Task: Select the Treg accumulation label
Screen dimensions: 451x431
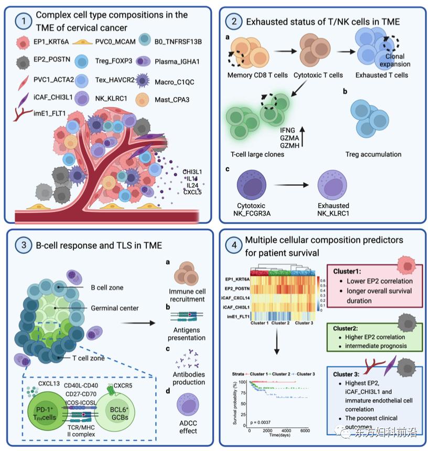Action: pyautogui.click(x=374, y=154)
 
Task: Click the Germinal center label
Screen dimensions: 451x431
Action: pyautogui.click(x=114, y=309)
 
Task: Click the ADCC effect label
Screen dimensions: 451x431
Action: pyautogui.click(x=188, y=427)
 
